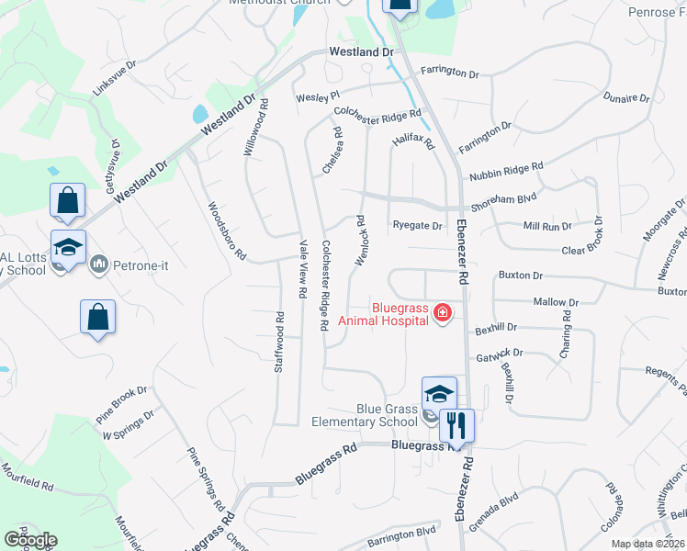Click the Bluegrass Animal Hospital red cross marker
point(443,313)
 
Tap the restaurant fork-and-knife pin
point(456,424)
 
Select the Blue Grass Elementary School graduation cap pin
point(439,393)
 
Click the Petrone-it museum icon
point(98,266)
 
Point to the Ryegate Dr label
point(417,225)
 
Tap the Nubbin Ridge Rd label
point(506,172)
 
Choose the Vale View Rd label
point(302,269)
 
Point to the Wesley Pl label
point(318,96)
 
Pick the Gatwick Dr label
point(499,354)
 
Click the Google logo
point(30,540)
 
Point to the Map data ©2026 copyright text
point(648,544)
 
